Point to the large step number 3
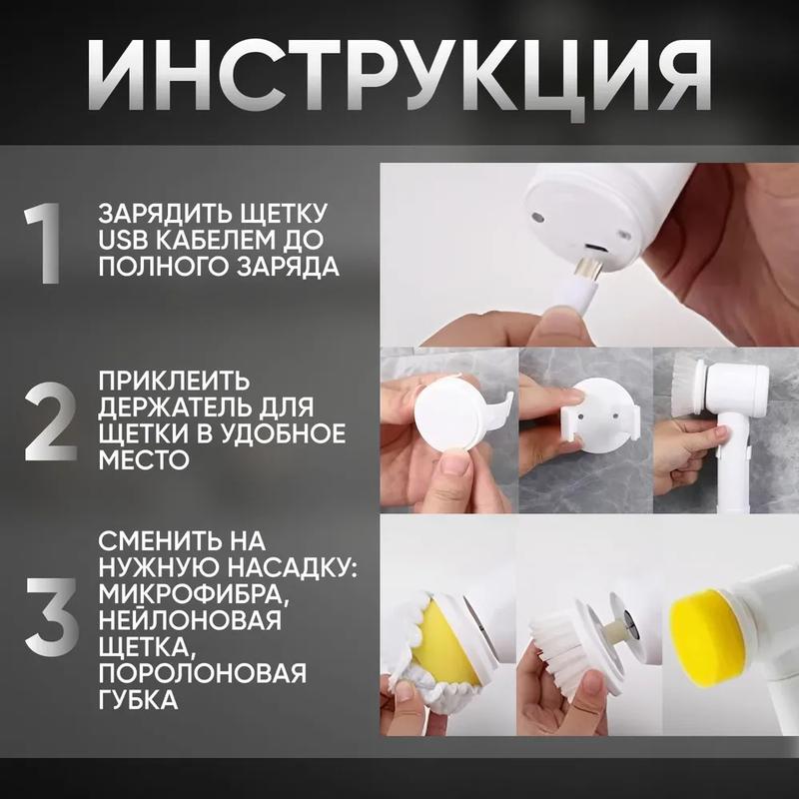[x=52, y=616]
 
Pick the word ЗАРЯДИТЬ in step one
[x=158, y=214]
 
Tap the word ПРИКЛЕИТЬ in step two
[x=174, y=381]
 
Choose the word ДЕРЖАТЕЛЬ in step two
[x=177, y=406]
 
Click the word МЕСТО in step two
[x=144, y=459]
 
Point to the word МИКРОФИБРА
[x=194, y=594]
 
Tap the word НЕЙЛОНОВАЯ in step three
[x=190, y=620]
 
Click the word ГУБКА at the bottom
[x=138, y=700]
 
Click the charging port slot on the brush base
[x=595, y=248]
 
